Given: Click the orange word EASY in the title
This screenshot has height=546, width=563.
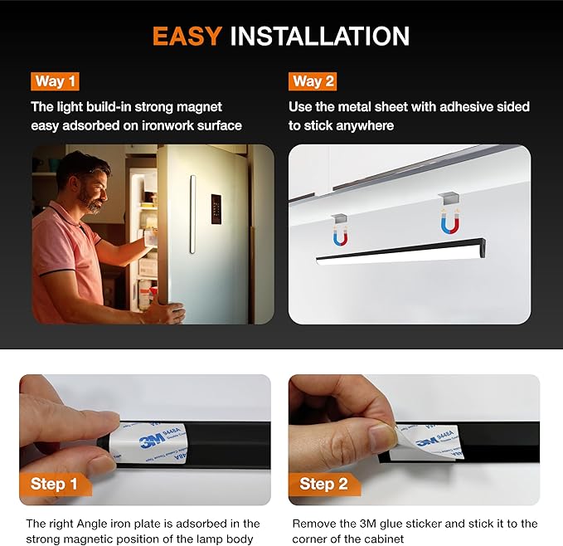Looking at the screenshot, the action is [x=187, y=37].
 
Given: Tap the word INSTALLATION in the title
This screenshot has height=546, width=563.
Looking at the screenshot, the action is [x=319, y=37].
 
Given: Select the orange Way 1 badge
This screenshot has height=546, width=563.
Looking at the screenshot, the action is [x=55, y=81].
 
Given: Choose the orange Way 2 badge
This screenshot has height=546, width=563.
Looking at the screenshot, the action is [x=313, y=81].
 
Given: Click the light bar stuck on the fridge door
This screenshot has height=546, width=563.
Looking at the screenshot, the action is [x=193, y=214].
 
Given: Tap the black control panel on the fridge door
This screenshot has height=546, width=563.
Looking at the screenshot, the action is [x=216, y=209].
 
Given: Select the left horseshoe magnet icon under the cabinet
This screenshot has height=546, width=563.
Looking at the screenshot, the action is [x=340, y=237].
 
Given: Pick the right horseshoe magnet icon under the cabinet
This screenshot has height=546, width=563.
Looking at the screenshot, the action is [x=450, y=223].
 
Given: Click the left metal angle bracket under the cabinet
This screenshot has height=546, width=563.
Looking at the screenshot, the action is [x=340, y=218].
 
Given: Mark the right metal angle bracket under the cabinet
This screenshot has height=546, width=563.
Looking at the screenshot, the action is [x=449, y=198].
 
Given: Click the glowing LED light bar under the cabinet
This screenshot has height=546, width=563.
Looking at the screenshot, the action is [x=401, y=251].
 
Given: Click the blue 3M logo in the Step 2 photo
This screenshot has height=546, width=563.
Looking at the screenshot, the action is [x=429, y=441].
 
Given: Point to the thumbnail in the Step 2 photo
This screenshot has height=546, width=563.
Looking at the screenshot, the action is [x=382, y=435].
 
